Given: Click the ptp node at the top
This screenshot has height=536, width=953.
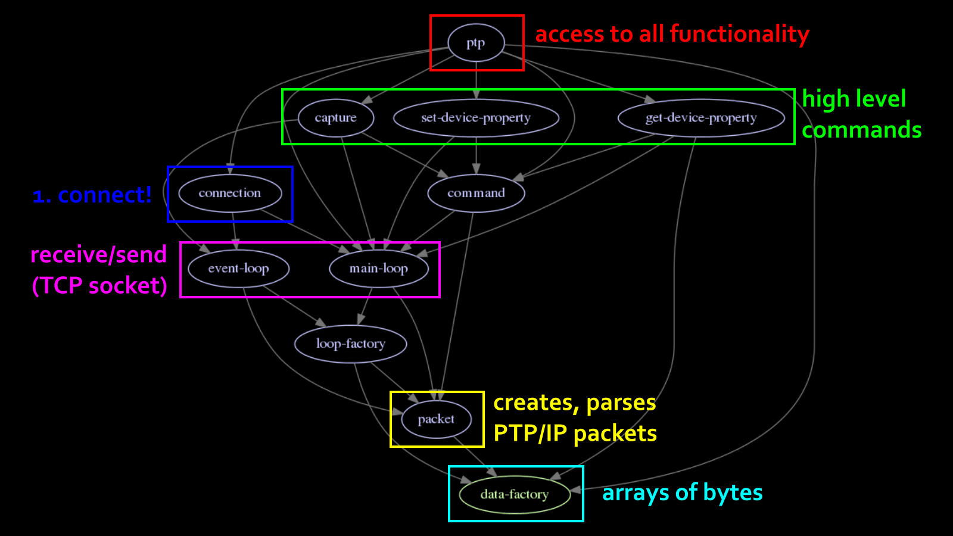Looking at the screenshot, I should click(x=476, y=43).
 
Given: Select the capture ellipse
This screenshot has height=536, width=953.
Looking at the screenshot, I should click(x=336, y=118).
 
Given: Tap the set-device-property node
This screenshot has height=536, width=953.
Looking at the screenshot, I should click(x=476, y=118).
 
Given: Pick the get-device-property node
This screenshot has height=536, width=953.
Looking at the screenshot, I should click(x=701, y=118).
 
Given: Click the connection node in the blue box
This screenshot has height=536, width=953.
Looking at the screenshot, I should click(x=230, y=193).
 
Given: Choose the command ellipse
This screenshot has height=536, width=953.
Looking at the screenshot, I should click(x=476, y=193).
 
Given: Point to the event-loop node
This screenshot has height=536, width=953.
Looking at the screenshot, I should click(x=238, y=269).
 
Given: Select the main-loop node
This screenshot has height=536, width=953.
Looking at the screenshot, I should click(x=379, y=269).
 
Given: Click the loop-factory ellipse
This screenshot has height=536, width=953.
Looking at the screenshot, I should click(x=350, y=344).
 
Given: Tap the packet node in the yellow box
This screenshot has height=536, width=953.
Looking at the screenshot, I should click(x=436, y=419).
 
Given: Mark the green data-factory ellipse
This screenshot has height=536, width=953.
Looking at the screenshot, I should click(x=515, y=494).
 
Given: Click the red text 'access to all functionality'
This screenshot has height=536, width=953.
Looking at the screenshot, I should click(x=672, y=34).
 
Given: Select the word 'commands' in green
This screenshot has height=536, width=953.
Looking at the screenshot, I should click(x=861, y=130).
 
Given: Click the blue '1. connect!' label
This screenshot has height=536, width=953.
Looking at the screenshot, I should click(x=92, y=195).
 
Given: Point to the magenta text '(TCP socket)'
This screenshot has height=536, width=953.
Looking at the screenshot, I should click(x=99, y=285).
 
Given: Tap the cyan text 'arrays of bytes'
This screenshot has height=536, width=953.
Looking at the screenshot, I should click(x=682, y=493).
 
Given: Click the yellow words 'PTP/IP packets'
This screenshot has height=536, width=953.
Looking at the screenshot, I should click(x=575, y=434).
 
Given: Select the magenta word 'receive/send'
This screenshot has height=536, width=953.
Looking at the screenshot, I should click(x=98, y=254).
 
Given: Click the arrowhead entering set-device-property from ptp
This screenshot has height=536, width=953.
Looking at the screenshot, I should click(x=476, y=94).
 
